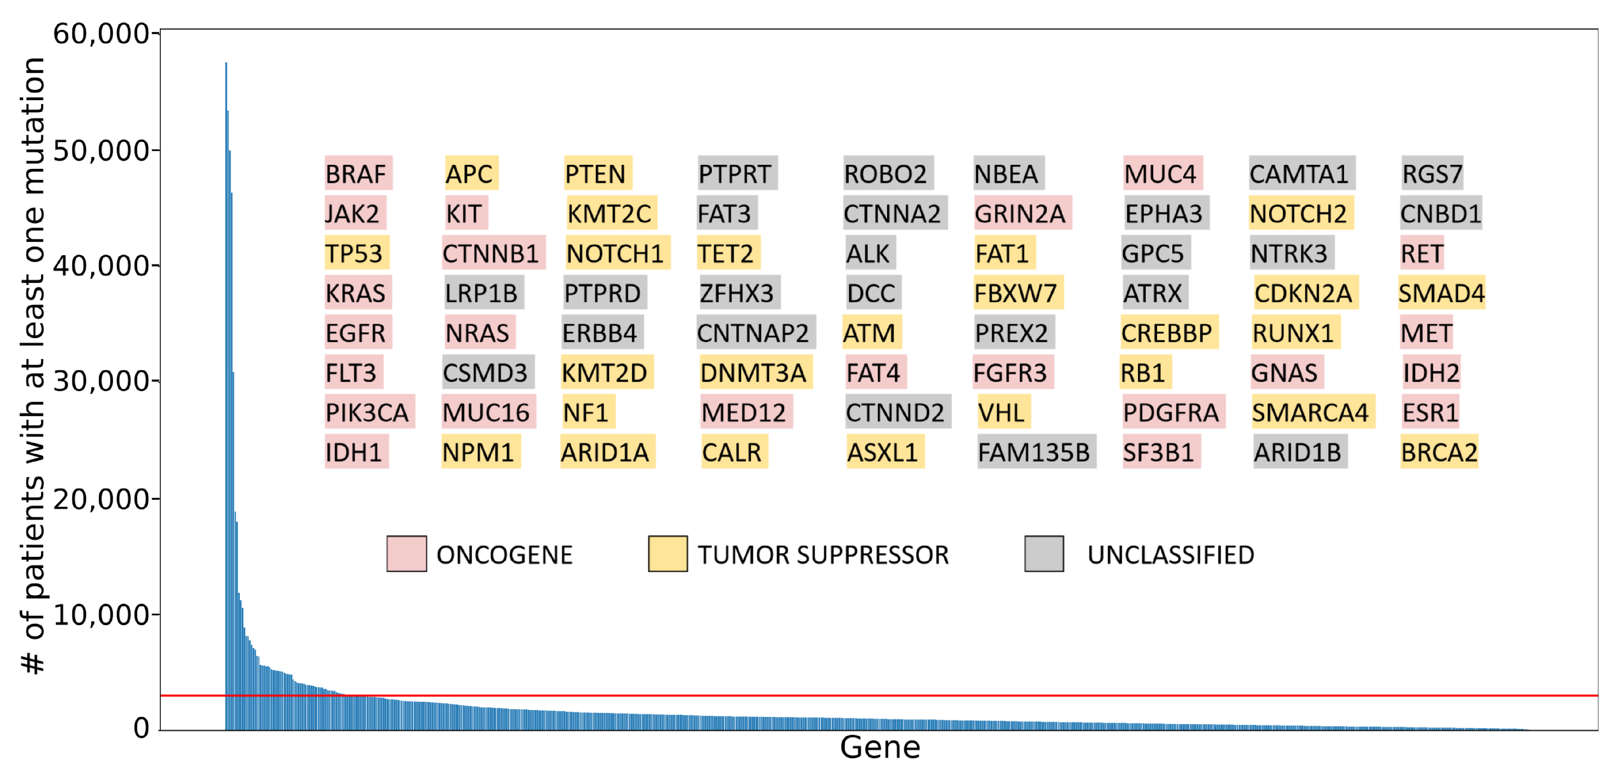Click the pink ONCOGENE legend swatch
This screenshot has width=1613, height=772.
[407, 554]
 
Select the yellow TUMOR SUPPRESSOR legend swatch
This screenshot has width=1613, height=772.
[667, 554]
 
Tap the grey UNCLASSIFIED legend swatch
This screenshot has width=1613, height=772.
[1044, 554]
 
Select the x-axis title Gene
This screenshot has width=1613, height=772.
[880, 747]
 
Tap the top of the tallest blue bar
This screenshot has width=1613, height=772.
[226, 63]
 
